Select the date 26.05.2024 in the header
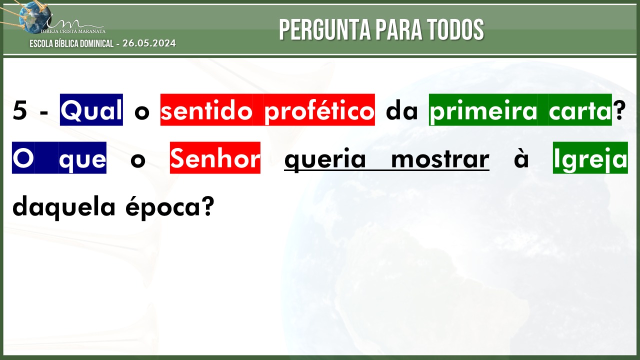[x=149, y=43]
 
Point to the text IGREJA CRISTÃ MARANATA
[x=73, y=31]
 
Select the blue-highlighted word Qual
[x=91, y=109]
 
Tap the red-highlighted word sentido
[x=206, y=109]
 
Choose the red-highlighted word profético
[x=319, y=109]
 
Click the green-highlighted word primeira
[x=483, y=109]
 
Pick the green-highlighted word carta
[x=580, y=109]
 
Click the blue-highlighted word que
[x=82, y=157]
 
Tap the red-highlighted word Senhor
[x=215, y=157]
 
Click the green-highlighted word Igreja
[x=590, y=157]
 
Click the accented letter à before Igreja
[x=521, y=157]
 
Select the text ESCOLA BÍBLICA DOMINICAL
[x=71, y=43]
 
